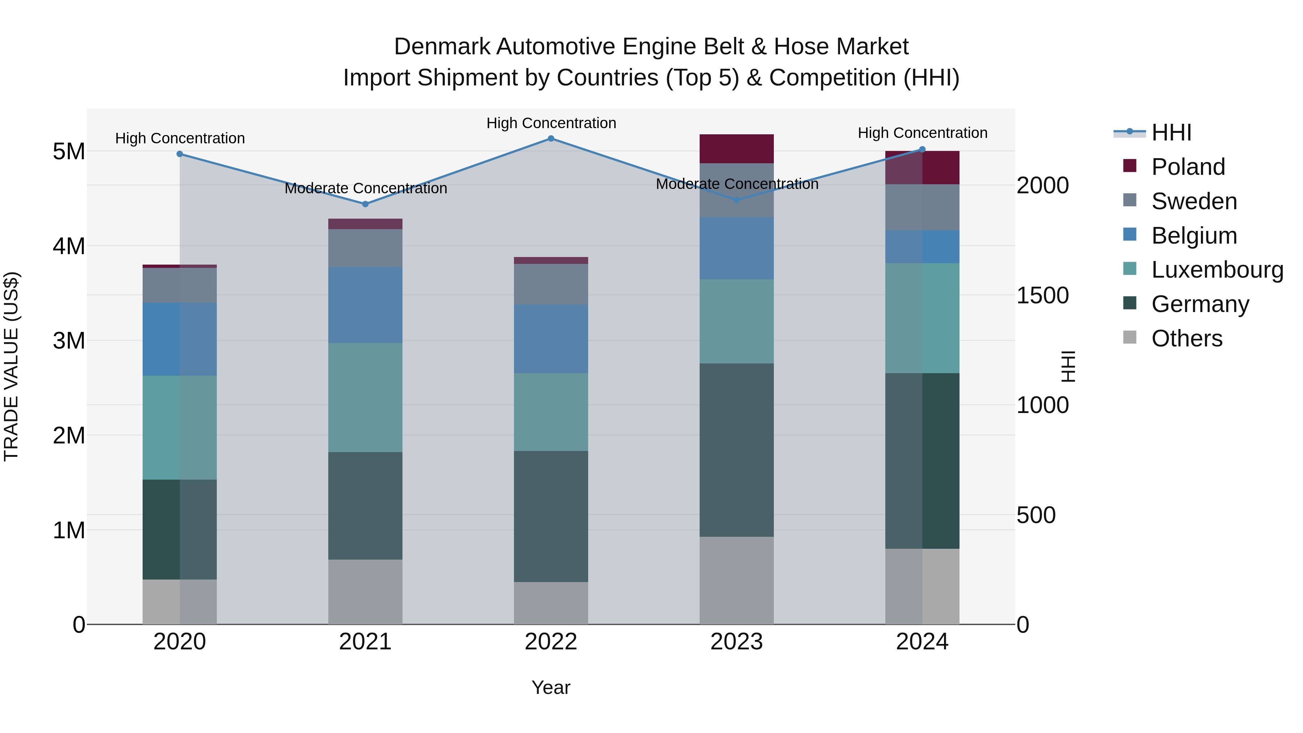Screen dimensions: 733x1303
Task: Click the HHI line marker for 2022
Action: (x=551, y=139)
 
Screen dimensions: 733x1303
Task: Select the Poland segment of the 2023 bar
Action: (x=737, y=149)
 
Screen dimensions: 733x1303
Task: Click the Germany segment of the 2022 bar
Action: (x=551, y=517)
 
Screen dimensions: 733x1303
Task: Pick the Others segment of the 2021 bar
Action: (x=365, y=592)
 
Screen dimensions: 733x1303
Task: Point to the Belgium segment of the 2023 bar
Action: (x=737, y=248)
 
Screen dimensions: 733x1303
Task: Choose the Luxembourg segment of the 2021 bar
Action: (x=365, y=397)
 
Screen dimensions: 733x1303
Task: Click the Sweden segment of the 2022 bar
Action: (x=551, y=284)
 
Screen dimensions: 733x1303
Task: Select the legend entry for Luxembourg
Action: (x=1216, y=270)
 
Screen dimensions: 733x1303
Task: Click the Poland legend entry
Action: (x=1188, y=167)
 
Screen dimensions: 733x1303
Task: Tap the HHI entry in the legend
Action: (x=1171, y=132)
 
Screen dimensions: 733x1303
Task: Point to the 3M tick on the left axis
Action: (x=69, y=341)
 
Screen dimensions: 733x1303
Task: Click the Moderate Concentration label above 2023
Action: (x=737, y=184)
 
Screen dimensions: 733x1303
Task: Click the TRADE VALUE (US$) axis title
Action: (x=11, y=366)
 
